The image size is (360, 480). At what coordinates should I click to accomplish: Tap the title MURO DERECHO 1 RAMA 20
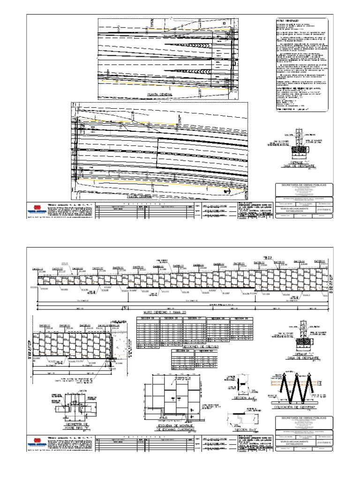click(169, 311)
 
